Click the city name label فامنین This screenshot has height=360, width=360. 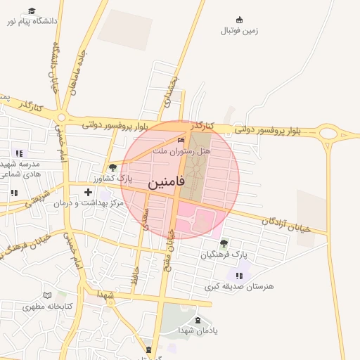pos(167,184)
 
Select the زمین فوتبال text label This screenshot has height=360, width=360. pos(240,31)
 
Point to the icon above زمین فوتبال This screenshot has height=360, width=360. pos(240,20)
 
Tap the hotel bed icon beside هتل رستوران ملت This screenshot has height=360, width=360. pos(181,140)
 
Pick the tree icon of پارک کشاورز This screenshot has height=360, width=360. pos(113,167)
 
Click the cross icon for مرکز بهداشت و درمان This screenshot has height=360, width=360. pos(88,192)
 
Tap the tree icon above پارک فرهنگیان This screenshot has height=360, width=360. pos(224,243)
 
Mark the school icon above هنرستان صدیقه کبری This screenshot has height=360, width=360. pos(239,275)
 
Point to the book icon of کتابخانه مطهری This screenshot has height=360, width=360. pos(48,295)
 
